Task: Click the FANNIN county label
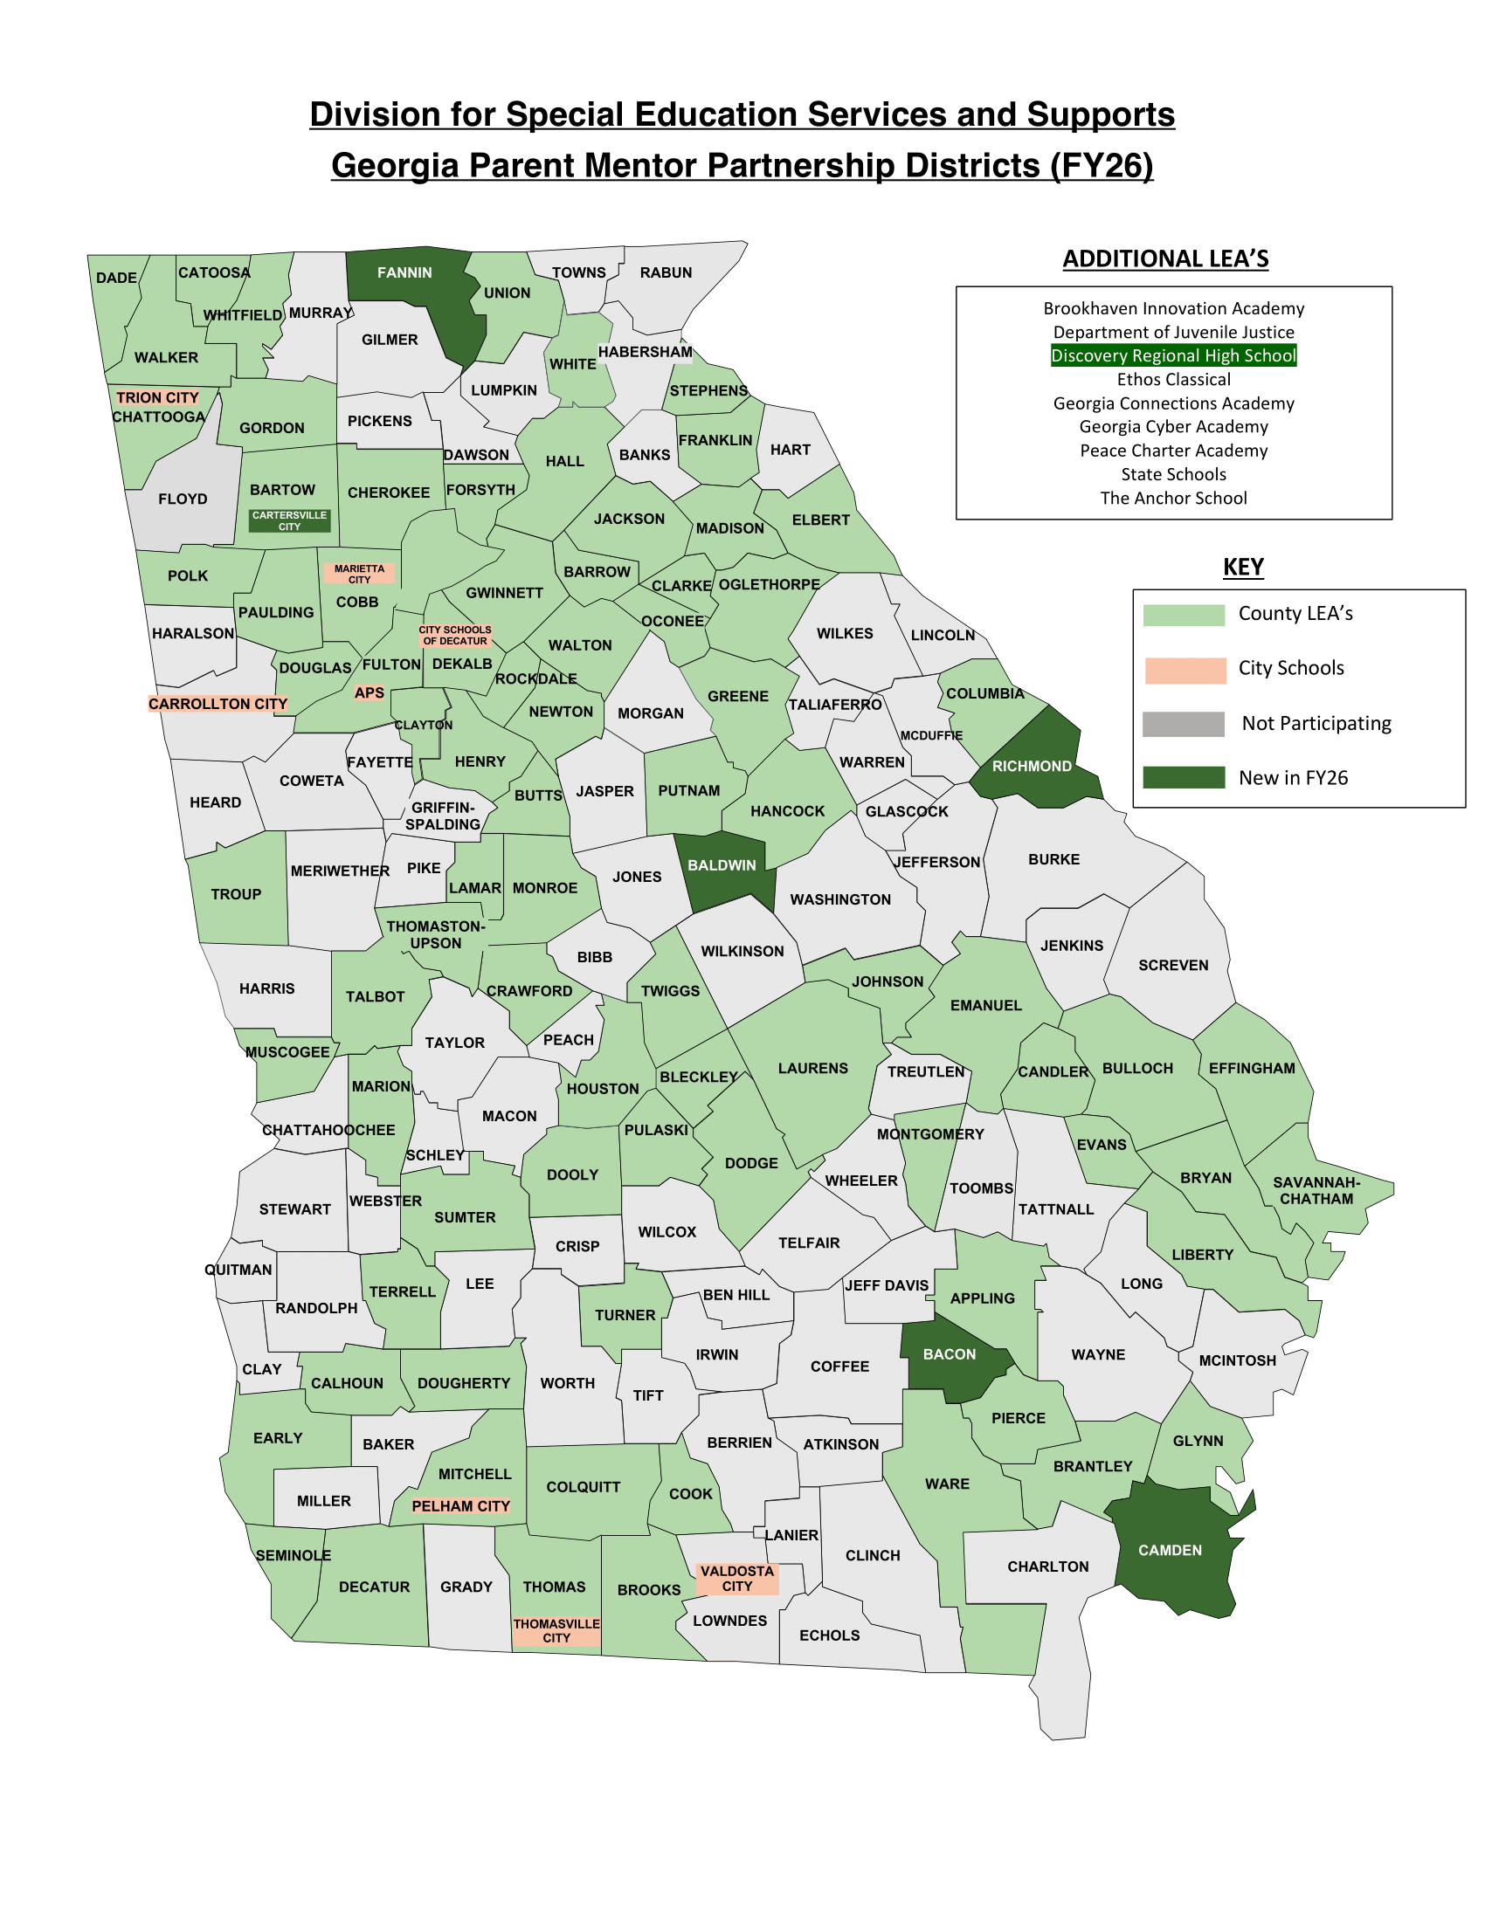(x=404, y=272)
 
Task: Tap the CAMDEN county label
(x=1169, y=1550)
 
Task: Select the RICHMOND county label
(x=1031, y=766)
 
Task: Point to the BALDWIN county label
(x=722, y=865)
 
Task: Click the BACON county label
(x=949, y=1353)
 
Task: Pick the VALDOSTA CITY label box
(x=737, y=1578)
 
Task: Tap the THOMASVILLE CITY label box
(x=556, y=1631)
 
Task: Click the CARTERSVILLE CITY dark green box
(x=289, y=520)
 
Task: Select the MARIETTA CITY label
(x=359, y=574)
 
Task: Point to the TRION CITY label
(x=157, y=397)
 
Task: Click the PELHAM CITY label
(x=460, y=1506)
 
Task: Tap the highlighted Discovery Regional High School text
(x=1172, y=355)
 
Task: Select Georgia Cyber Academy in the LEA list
(x=1172, y=427)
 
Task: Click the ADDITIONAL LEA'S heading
(x=1164, y=258)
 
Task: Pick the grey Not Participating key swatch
(x=1183, y=724)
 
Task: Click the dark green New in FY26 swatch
(x=1183, y=777)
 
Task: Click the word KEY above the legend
(x=1242, y=568)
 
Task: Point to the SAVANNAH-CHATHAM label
(x=1316, y=1190)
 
